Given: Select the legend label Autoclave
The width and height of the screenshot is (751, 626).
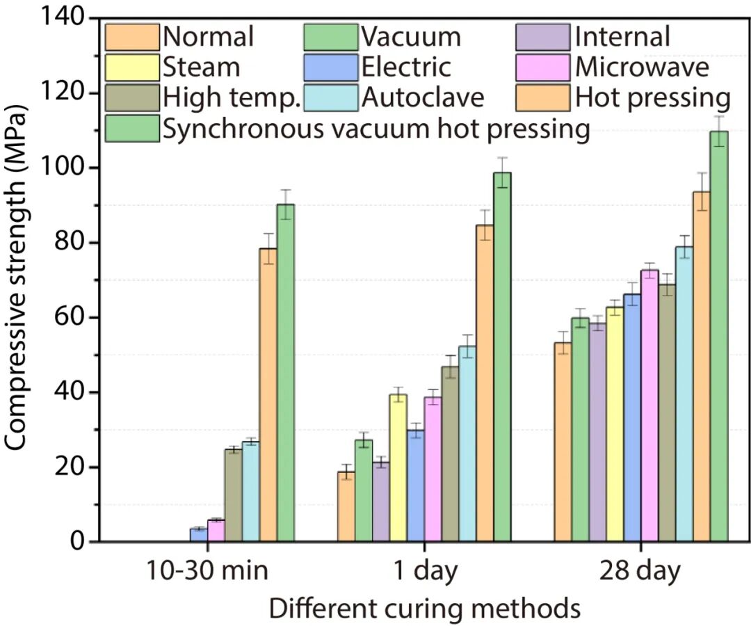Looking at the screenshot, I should pyautogui.click(x=423, y=98).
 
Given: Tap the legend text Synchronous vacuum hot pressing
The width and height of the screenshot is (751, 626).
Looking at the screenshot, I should pyautogui.click(x=377, y=129).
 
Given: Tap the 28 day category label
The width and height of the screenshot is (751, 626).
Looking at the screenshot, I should pyautogui.click(x=640, y=572).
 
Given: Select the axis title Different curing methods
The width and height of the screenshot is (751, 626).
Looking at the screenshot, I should pyautogui.click(x=425, y=608).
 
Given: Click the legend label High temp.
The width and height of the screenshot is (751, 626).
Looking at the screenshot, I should pyautogui.click(x=231, y=98).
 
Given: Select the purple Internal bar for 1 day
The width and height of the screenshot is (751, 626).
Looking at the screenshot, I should pyautogui.click(x=380, y=501).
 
